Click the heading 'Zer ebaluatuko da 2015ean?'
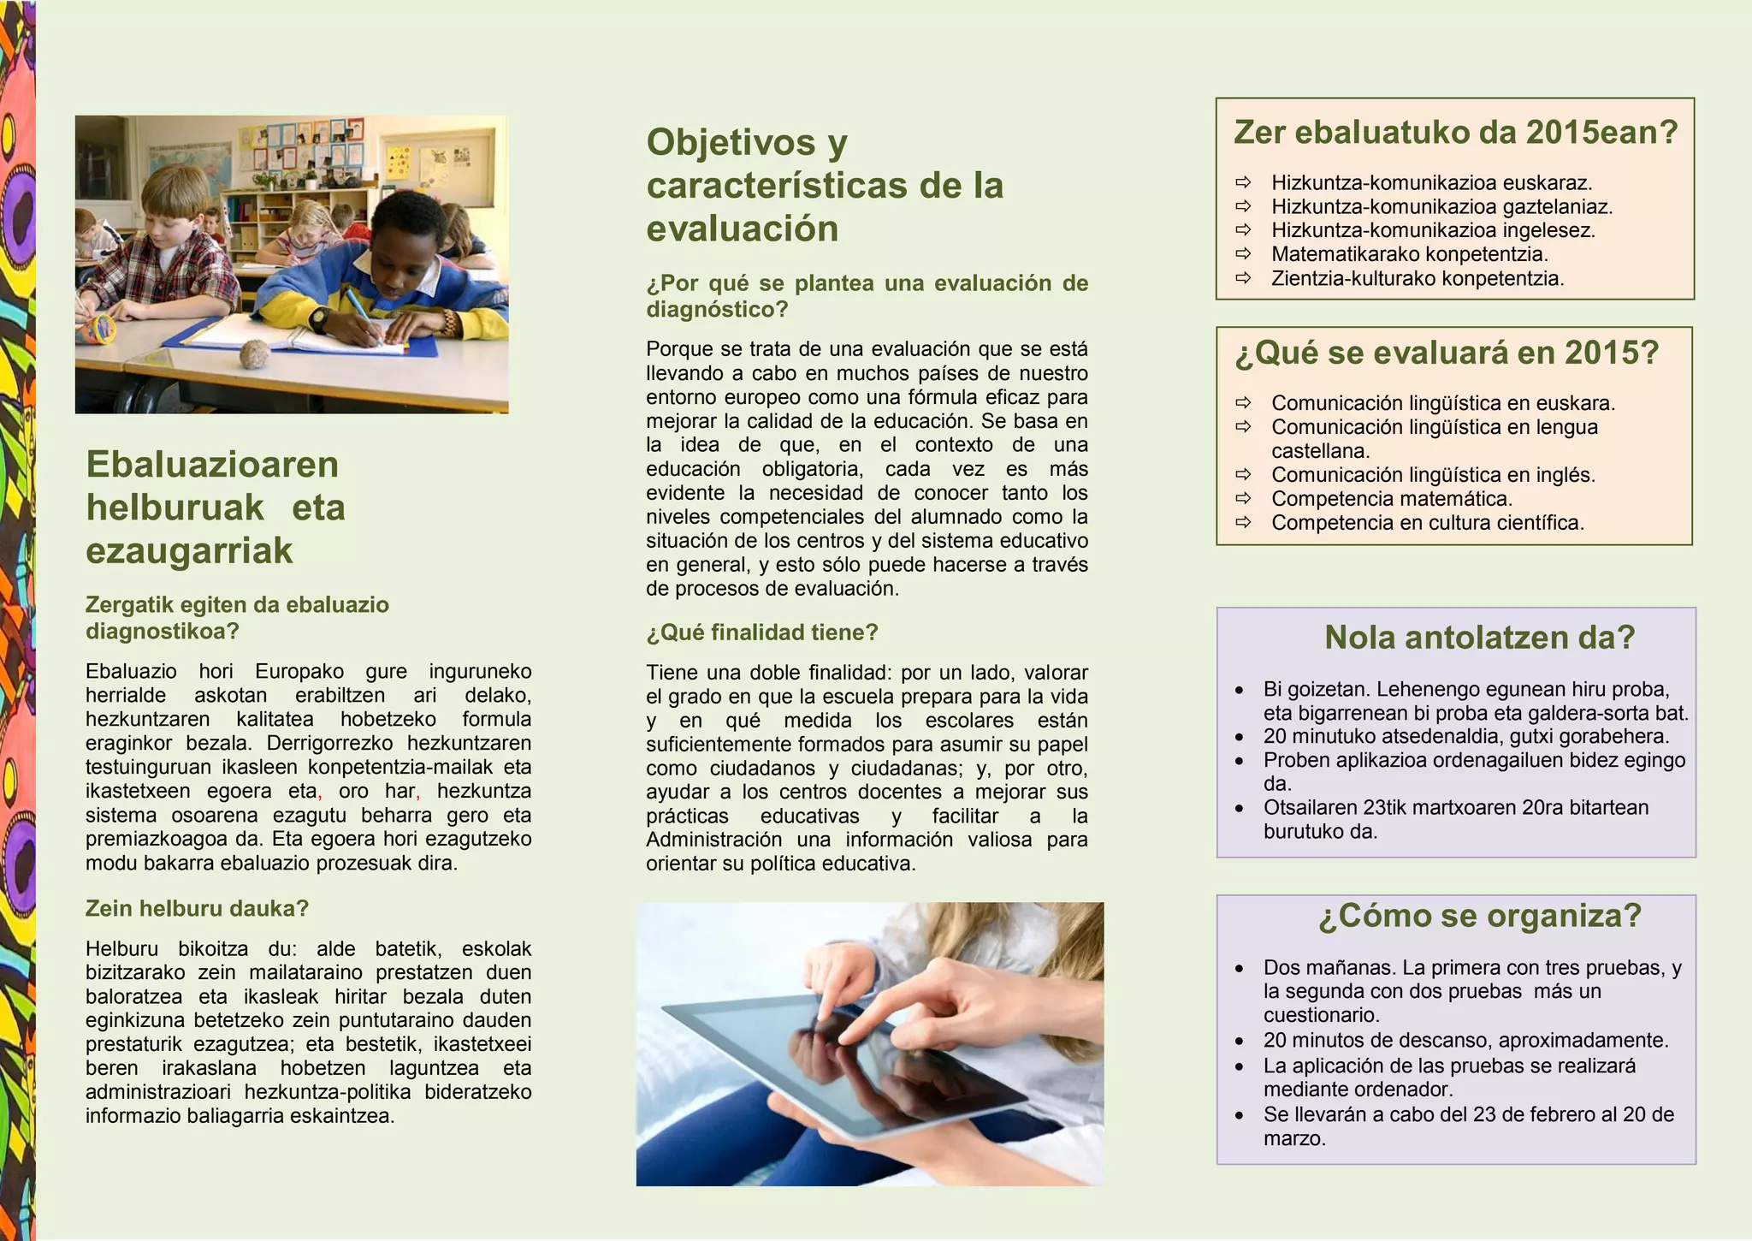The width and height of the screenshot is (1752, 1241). click(x=1455, y=133)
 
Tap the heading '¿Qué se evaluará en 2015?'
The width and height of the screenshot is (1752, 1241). click(x=1446, y=353)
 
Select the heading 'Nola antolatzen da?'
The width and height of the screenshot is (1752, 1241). click(x=1479, y=638)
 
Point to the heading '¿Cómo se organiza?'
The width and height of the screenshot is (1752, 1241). click(x=1480, y=916)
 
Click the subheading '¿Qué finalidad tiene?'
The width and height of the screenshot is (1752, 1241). click(x=761, y=632)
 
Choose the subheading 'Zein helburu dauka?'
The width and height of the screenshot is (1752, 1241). click(x=197, y=908)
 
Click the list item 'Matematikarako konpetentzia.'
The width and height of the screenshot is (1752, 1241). click(x=1409, y=254)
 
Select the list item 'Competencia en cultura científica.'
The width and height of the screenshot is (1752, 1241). click(x=1427, y=523)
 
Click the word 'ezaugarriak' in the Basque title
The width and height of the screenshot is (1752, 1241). click(x=189, y=550)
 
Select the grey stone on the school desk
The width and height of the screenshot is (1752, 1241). click(x=254, y=353)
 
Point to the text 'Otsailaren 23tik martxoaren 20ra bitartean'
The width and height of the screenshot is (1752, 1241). click(x=1455, y=808)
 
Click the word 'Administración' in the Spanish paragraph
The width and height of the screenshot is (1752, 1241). click(x=713, y=840)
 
